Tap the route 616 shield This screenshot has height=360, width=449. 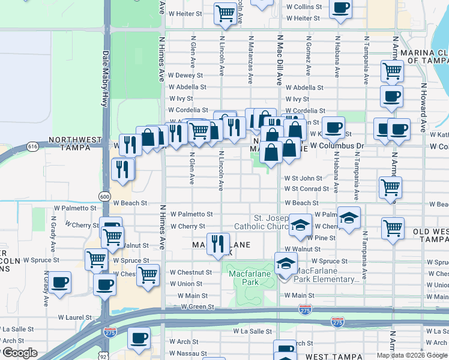tap(32, 145)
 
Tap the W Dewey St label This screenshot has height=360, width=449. tap(185, 76)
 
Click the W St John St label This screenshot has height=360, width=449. tap(303, 178)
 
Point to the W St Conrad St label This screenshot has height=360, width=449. tap(307, 189)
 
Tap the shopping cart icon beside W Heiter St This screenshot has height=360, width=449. tap(225, 13)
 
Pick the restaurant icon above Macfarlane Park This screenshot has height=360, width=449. tap(218, 243)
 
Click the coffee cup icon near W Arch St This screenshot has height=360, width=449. tap(139, 338)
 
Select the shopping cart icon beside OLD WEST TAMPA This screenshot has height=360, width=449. tap(393, 228)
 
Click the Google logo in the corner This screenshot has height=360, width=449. tap(19, 353)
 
